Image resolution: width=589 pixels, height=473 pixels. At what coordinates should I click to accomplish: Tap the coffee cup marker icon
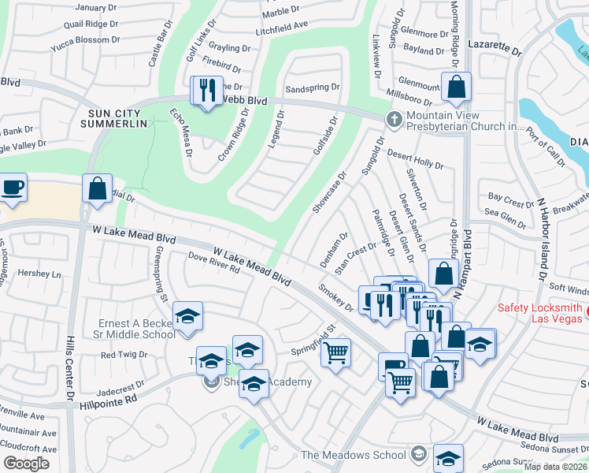tap(12, 188)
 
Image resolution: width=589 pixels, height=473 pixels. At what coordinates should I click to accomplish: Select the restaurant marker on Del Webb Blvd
tap(207, 91)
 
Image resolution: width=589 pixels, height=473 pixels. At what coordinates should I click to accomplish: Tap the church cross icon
tap(393, 118)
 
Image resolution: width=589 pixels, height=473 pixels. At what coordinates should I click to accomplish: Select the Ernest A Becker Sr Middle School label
tap(136, 329)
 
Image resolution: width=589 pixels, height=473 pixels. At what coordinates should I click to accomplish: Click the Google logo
tap(26, 463)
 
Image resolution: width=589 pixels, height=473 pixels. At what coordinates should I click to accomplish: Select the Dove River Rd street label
tap(213, 263)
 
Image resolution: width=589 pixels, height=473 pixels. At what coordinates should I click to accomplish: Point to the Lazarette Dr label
tap(495, 49)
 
